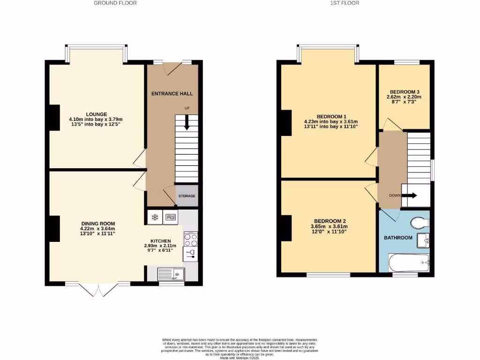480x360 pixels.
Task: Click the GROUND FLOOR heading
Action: tap(115, 3)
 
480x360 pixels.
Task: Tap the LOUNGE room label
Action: tap(96, 114)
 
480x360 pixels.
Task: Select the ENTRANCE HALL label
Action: tap(172, 94)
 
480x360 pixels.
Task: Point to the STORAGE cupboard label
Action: tap(187, 196)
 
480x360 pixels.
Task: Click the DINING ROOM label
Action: tap(97, 224)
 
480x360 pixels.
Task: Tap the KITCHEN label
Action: tap(160, 240)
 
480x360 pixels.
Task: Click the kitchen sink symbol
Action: tap(171, 273)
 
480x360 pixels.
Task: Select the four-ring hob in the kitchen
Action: tap(190, 240)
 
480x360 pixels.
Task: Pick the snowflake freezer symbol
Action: tap(154, 217)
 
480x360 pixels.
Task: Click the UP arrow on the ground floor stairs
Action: tap(187, 123)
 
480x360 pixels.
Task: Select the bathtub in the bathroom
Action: tap(409, 262)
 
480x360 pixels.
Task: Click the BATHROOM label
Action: tap(398, 238)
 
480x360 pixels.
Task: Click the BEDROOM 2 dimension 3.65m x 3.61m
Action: tap(330, 226)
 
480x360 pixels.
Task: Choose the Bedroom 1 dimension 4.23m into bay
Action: tap(334, 121)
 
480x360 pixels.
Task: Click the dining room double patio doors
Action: tap(97, 288)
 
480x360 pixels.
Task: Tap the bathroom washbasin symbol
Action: tap(426, 241)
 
